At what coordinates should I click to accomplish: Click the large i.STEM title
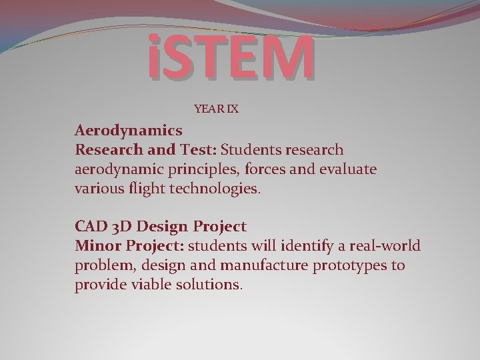click(x=230, y=57)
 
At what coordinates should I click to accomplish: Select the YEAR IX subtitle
click(x=216, y=107)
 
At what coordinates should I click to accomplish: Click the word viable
click(x=156, y=285)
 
